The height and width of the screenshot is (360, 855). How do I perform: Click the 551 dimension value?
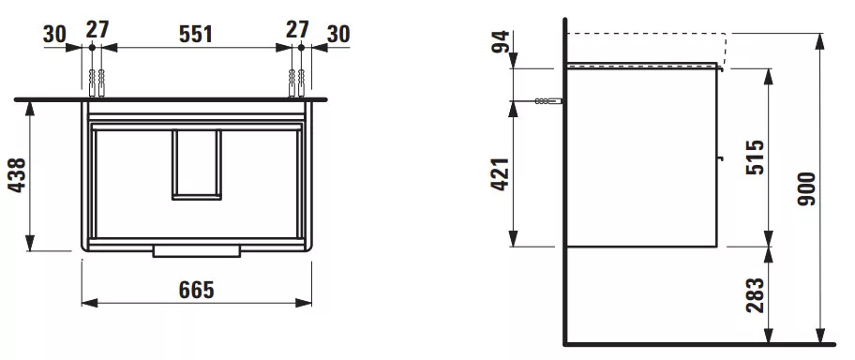point(195,35)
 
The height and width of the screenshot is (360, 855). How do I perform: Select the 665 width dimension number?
point(196,291)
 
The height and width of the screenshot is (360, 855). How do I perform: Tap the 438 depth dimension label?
point(17,175)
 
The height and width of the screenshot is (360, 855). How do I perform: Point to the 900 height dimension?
point(806,188)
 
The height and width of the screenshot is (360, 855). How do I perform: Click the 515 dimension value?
point(756,157)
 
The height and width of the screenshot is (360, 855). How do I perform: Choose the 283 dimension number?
point(756,295)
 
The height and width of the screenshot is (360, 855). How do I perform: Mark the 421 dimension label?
point(501,174)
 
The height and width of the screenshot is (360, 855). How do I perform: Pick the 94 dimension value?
point(501,41)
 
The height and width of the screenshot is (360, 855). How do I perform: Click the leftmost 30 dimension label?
point(54,35)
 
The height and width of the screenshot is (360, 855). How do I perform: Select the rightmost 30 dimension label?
point(338,35)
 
